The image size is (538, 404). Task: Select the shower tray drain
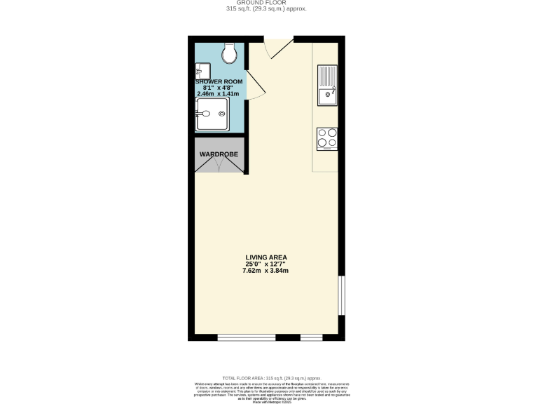click(223, 114)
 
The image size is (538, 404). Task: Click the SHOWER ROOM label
click(218, 81)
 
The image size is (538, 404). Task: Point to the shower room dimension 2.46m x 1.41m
click(218, 93)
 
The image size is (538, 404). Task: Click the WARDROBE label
click(219, 154)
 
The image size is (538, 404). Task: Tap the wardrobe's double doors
click(219, 165)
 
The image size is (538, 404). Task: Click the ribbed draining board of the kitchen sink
click(327, 74)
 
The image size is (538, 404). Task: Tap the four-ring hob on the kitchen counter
click(327, 138)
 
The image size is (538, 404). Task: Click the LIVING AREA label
click(266, 257)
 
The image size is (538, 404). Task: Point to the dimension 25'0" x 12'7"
click(266, 264)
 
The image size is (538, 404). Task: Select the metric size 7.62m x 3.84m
click(266, 271)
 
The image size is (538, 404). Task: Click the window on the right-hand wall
click(341, 295)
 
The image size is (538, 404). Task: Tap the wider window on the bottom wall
click(246, 337)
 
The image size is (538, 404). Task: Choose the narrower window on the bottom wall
click(311, 337)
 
